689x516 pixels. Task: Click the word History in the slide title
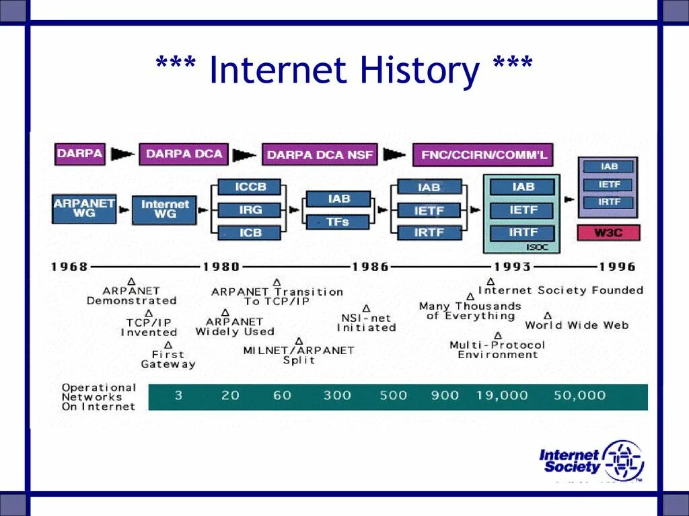click(x=419, y=71)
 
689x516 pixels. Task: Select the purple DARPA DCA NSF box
click(x=320, y=155)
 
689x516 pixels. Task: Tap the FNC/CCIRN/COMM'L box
click(x=483, y=155)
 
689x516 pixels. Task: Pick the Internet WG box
click(x=165, y=208)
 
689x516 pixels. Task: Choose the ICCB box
click(x=250, y=187)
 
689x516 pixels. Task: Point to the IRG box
click(x=250, y=210)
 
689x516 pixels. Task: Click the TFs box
click(x=338, y=222)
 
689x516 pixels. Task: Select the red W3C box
click(x=608, y=233)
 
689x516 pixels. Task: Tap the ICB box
click(x=250, y=232)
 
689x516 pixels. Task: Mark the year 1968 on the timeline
click(x=69, y=267)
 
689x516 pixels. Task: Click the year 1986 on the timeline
click(x=370, y=267)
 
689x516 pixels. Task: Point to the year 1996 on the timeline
click(x=617, y=267)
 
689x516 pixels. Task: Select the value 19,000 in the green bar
click(x=502, y=396)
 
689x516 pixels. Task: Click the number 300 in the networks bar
click(x=337, y=396)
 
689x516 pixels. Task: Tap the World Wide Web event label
click(x=577, y=325)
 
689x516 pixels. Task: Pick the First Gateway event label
click(x=168, y=359)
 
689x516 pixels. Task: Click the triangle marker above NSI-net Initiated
click(x=366, y=308)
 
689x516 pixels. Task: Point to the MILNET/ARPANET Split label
click(x=298, y=355)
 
